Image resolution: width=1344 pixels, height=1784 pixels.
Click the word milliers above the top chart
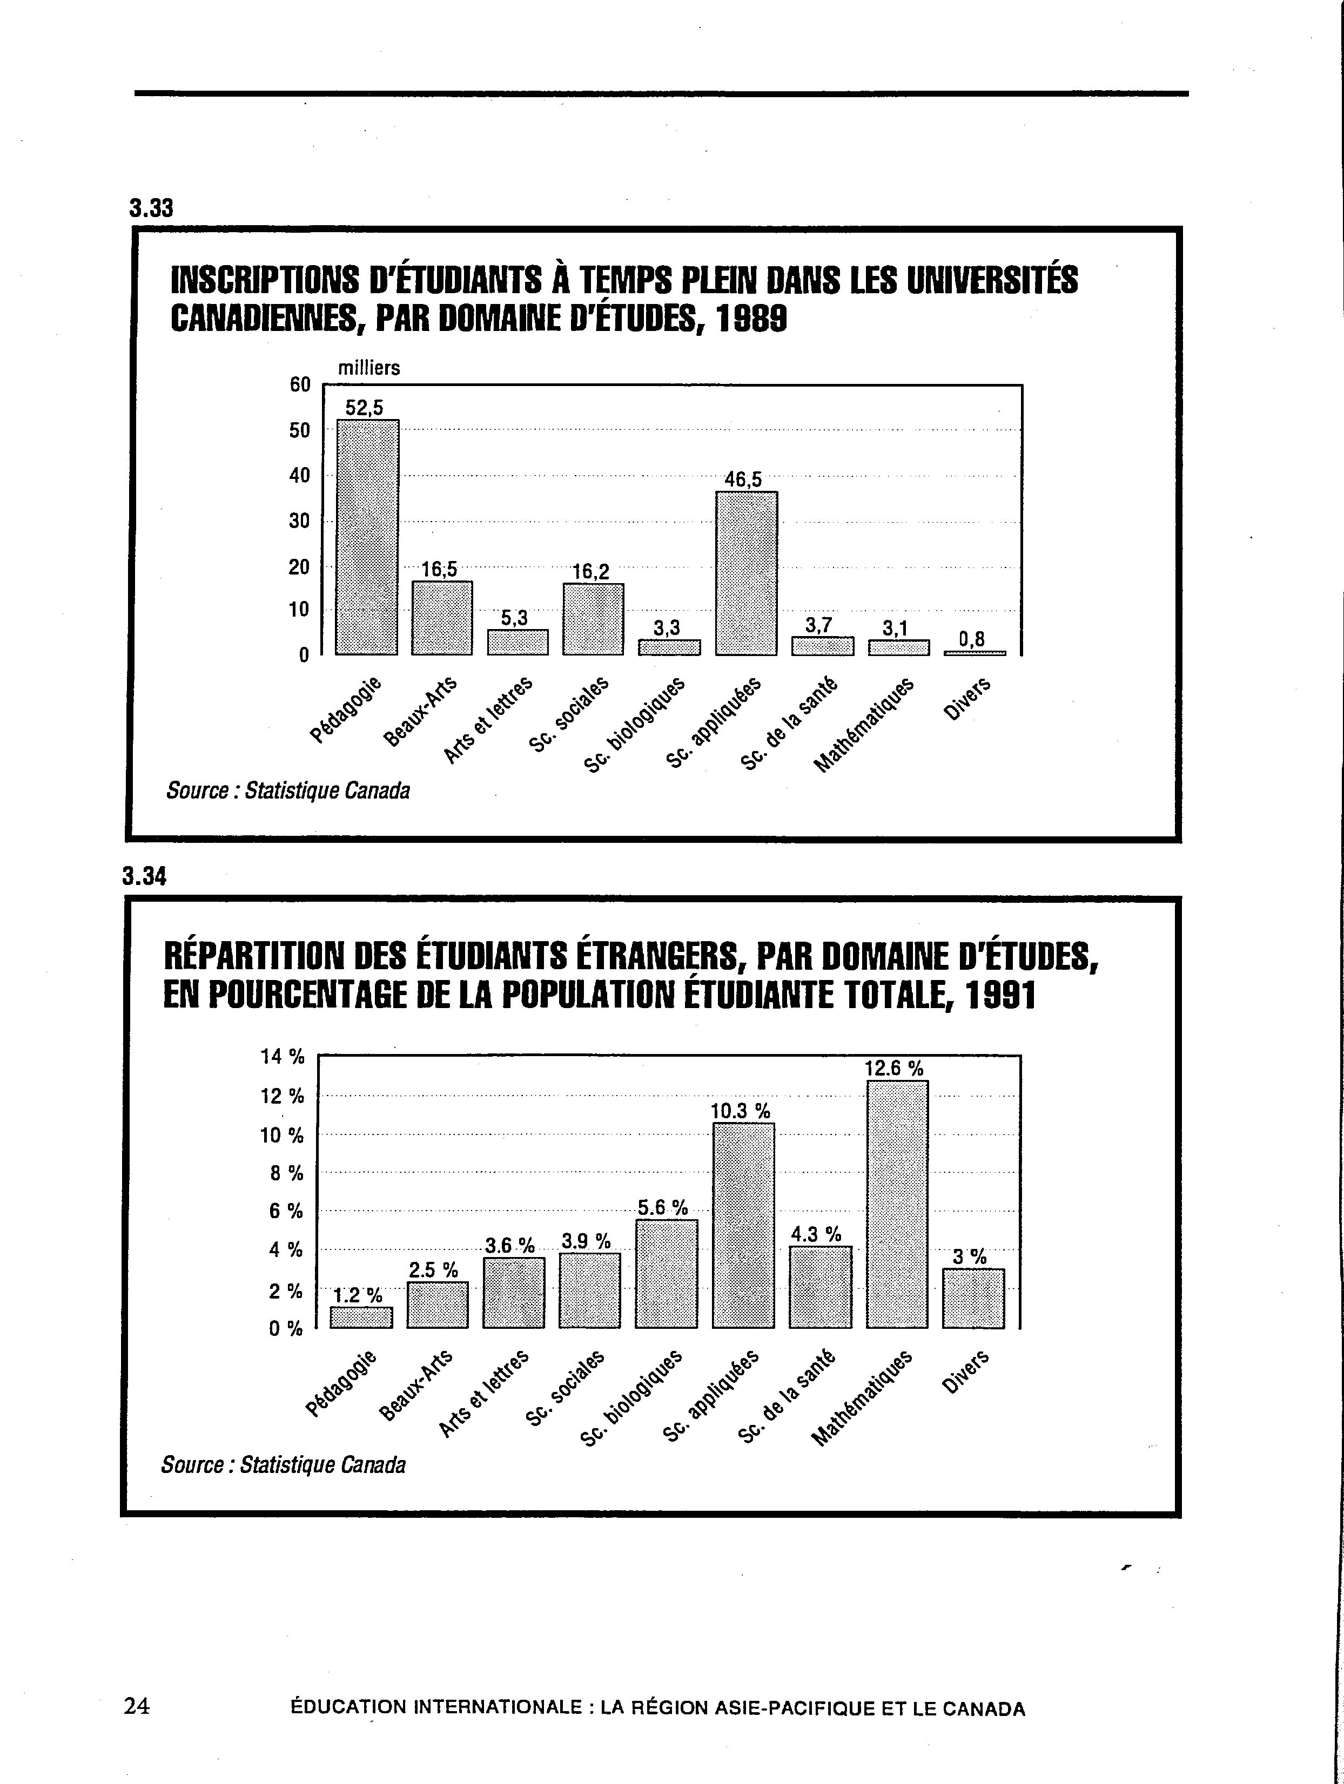pyautogui.click(x=368, y=368)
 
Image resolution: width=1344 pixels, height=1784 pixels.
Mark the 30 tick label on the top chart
pyautogui.click(x=300, y=521)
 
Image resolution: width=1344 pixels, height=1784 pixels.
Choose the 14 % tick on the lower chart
pyautogui.click(x=283, y=1056)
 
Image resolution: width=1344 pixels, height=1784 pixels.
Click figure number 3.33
pyautogui.click(x=151, y=208)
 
